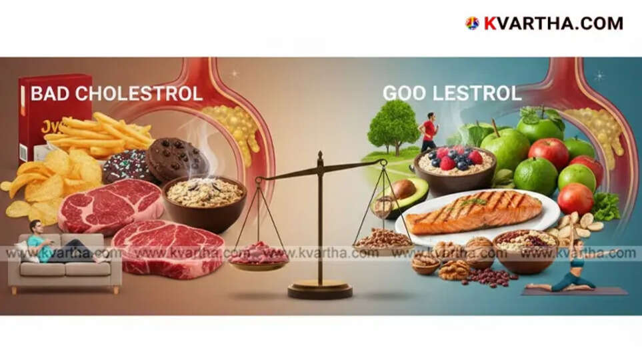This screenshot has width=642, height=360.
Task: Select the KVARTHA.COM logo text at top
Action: (x=553, y=23)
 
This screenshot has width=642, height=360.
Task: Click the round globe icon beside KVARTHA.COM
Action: (x=472, y=23)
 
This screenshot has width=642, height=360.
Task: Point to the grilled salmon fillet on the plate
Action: (x=473, y=213)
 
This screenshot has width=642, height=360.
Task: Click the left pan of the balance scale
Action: (x=259, y=256)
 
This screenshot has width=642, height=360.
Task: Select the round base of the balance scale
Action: (x=320, y=291)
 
